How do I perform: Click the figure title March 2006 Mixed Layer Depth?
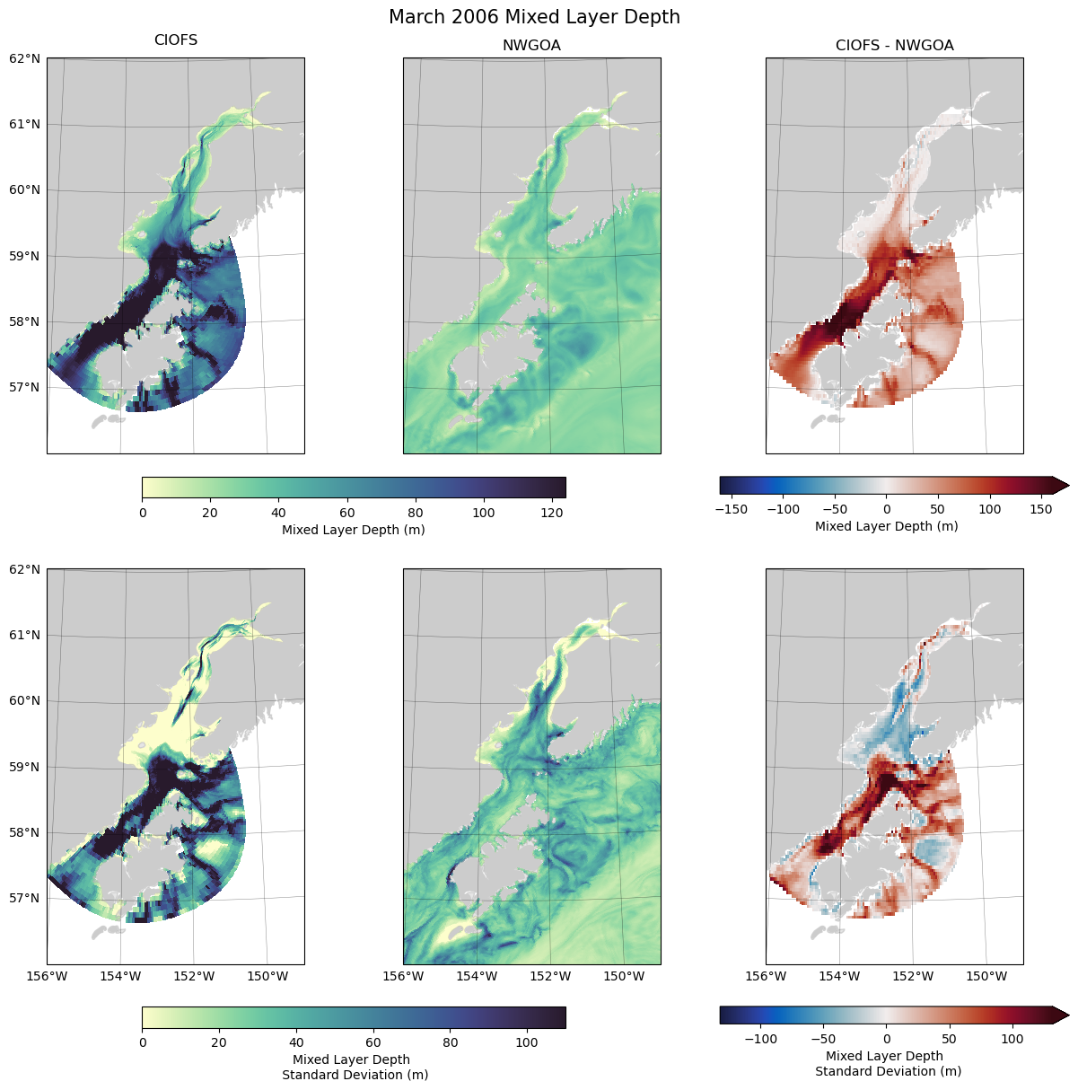pyautogui.click(x=534, y=17)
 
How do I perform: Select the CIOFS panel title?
pyautogui.click(x=176, y=40)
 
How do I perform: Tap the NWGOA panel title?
pyautogui.click(x=531, y=46)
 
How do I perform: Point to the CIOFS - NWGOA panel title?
pyautogui.click(x=894, y=46)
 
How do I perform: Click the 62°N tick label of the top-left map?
pyautogui.click(x=25, y=58)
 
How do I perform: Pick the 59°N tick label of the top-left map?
pyautogui.click(x=25, y=256)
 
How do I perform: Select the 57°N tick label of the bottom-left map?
pyautogui.click(x=25, y=898)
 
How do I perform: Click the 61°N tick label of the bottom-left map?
pyautogui.click(x=25, y=635)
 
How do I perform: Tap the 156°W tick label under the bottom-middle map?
pyautogui.click(x=403, y=976)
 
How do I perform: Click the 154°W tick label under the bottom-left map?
pyautogui.click(x=121, y=976)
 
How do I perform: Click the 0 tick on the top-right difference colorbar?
pyautogui.click(x=886, y=509)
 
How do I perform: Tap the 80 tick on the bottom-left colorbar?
pyautogui.click(x=451, y=1042)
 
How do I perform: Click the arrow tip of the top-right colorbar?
pyautogui.click(x=1067, y=486)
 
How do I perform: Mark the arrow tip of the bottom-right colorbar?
pyautogui.click(x=1067, y=1015)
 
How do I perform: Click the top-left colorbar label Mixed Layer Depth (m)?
pyautogui.click(x=354, y=530)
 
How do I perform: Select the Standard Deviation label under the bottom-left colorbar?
pyautogui.click(x=355, y=1075)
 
